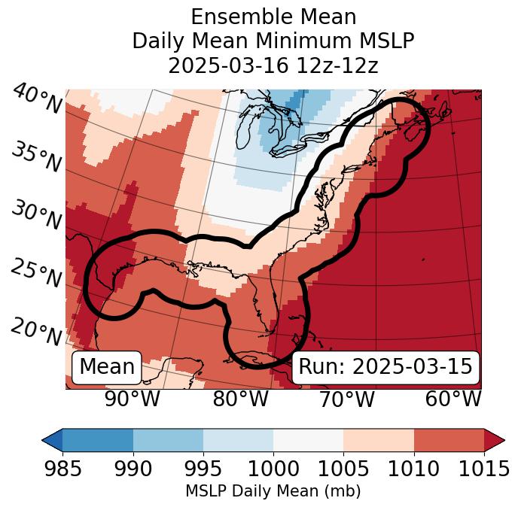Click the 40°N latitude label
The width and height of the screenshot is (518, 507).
click(37, 100)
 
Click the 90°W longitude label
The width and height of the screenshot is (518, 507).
click(133, 399)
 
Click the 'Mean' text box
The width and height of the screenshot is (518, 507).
click(107, 367)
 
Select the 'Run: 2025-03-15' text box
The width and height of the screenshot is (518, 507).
click(385, 367)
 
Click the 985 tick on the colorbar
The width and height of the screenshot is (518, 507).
click(63, 469)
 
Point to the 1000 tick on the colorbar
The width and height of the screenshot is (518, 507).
click(273, 469)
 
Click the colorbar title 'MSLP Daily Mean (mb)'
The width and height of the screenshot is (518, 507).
click(273, 491)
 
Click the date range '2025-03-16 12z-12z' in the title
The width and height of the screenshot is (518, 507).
click(273, 65)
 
